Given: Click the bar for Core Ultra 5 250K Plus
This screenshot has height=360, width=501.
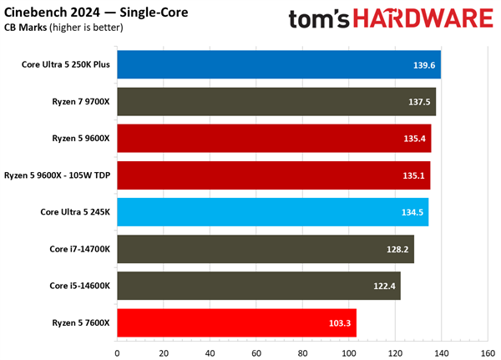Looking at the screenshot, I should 278,64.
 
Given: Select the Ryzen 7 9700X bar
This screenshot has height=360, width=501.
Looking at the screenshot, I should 276,101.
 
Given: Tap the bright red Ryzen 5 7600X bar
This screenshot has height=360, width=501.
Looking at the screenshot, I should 236,322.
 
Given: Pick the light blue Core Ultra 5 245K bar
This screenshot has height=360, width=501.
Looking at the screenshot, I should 272,211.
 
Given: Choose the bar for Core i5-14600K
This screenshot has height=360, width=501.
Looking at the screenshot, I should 258,285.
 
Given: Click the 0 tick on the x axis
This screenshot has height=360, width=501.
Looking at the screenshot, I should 117,351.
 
